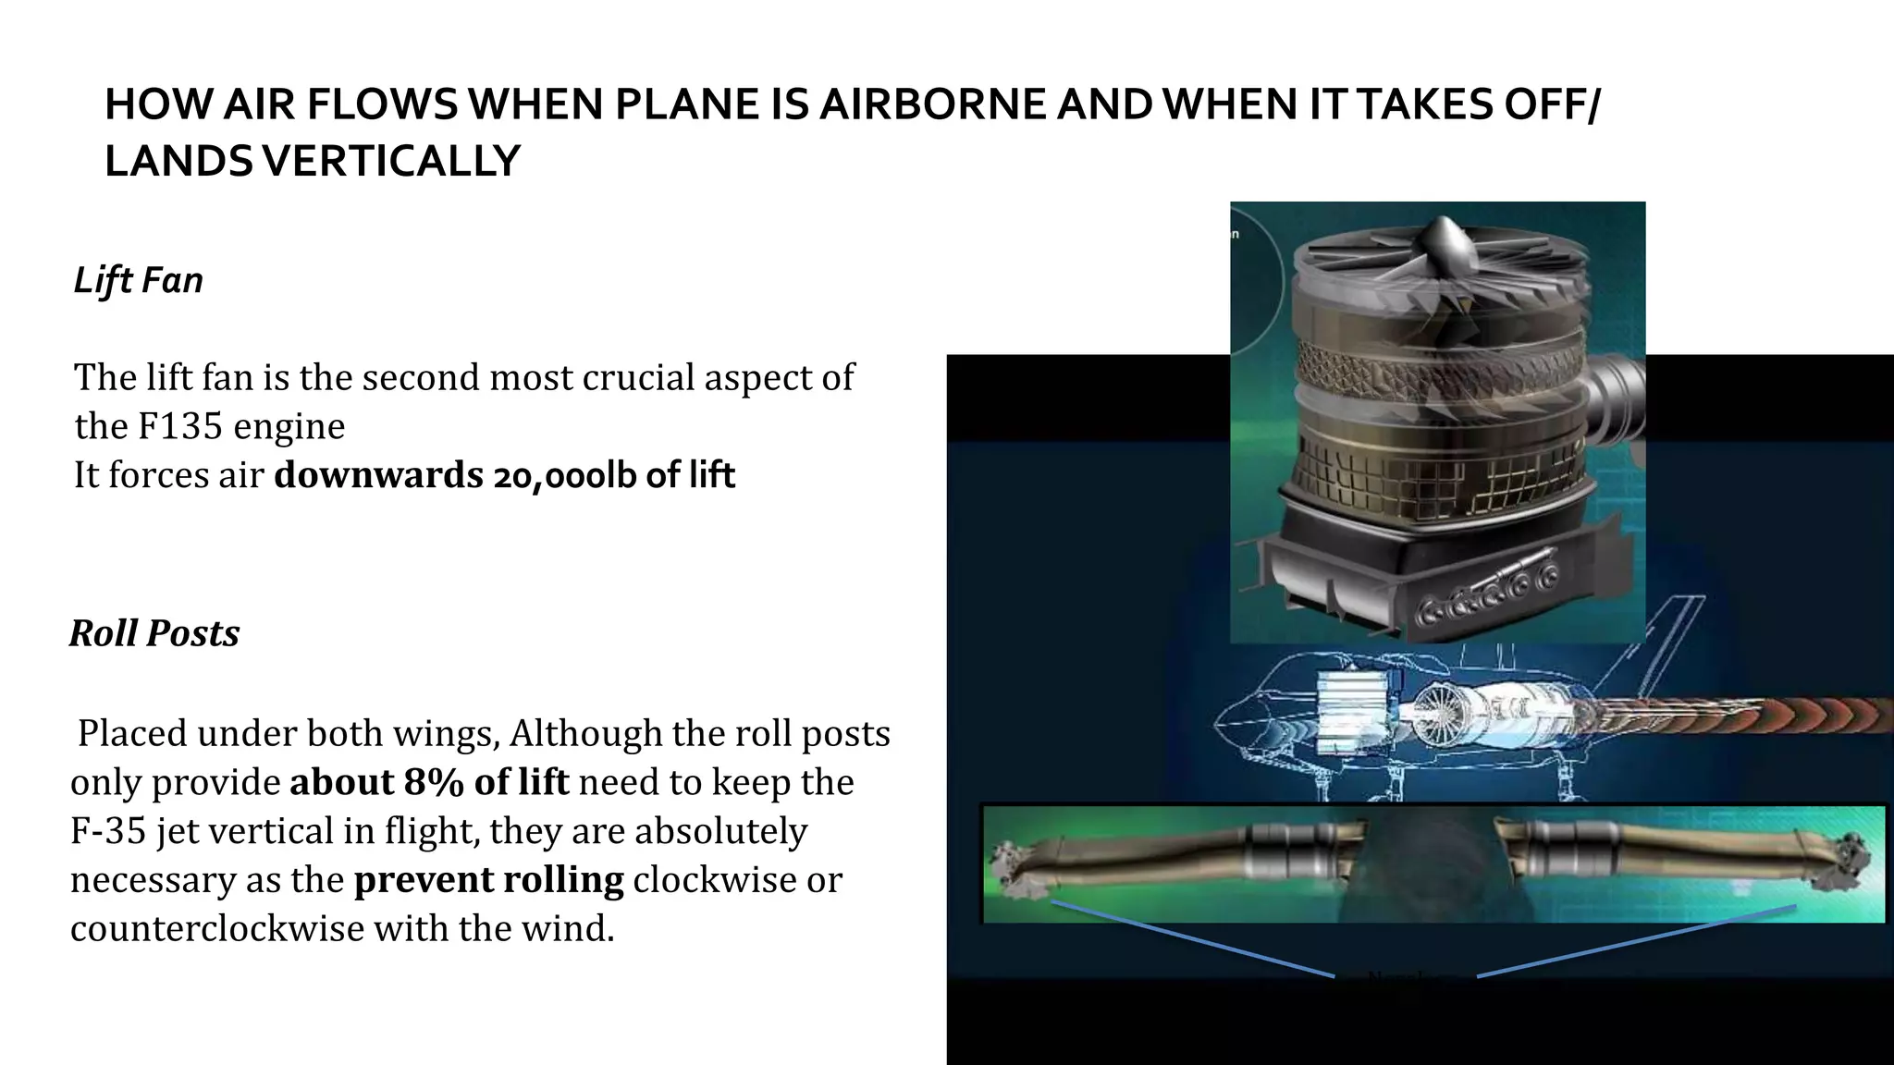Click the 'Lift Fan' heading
click(x=138, y=280)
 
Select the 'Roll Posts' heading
click(x=154, y=633)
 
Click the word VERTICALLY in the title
click(x=391, y=161)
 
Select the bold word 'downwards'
click(x=378, y=475)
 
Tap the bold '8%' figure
click(x=433, y=782)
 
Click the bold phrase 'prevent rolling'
click(x=488, y=879)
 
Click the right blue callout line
click(x=1637, y=940)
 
